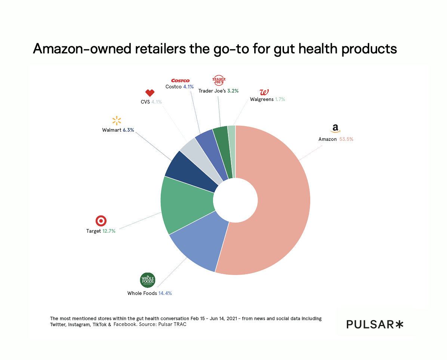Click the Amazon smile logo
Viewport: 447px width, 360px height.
click(x=335, y=128)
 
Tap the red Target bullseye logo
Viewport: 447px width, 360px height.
click(x=101, y=221)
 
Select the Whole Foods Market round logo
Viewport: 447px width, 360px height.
click(x=147, y=280)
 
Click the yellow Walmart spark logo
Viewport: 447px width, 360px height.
click(x=117, y=121)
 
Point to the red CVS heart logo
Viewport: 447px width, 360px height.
click(x=149, y=93)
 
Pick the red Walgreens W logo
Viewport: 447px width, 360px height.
click(x=264, y=92)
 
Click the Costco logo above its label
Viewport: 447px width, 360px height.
click(x=180, y=81)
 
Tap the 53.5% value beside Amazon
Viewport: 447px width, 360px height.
click(x=346, y=139)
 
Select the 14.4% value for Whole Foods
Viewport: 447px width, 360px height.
click(x=165, y=293)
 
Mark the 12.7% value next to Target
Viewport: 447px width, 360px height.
click(x=109, y=231)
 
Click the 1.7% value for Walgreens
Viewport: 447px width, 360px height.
click(x=280, y=99)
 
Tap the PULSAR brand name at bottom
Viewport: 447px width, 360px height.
click(x=370, y=324)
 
